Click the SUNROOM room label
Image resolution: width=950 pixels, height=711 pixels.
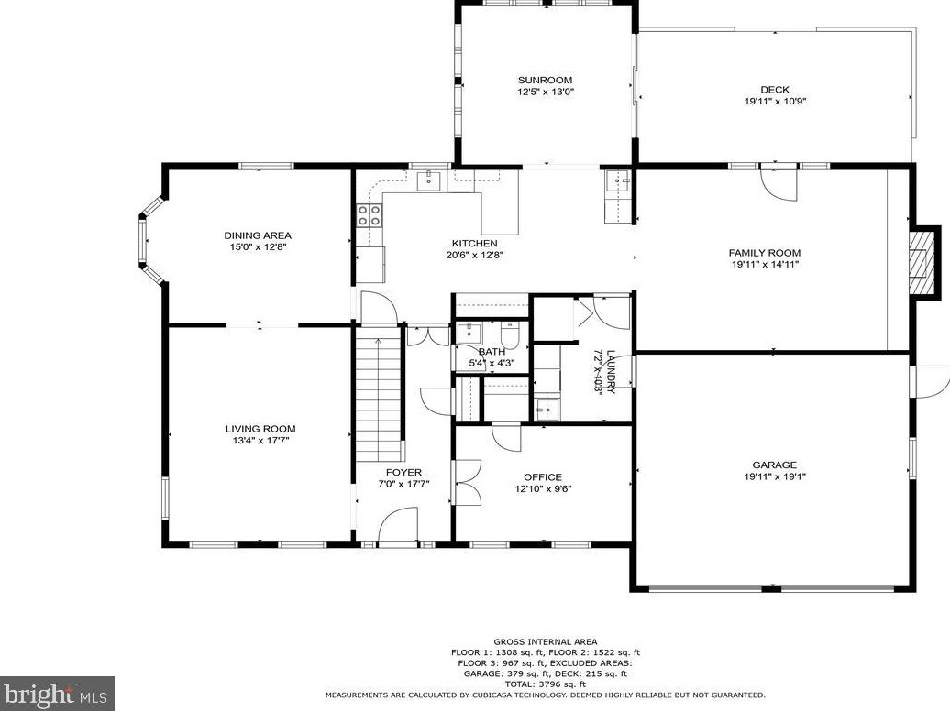(x=545, y=80)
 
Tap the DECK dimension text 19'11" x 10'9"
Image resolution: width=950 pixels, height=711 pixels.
(x=775, y=102)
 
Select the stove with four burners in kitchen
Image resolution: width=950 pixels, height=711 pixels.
(x=370, y=215)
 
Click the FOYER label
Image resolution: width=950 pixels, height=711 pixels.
(x=403, y=473)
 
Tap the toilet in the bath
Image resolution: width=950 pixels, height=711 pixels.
(x=510, y=335)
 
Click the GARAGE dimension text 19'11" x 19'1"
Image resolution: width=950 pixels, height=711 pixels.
(x=775, y=476)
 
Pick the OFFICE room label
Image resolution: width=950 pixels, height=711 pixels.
(x=543, y=477)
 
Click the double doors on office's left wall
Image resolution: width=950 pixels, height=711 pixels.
(x=467, y=483)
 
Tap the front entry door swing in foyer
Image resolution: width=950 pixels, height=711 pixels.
(x=398, y=526)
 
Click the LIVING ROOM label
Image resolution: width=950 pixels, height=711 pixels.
(x=260, y=429)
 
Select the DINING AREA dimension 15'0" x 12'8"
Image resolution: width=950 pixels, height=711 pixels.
(x=258, y=247)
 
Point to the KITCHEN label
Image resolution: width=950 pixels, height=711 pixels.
(x=475, y=244)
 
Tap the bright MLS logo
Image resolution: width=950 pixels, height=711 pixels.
(x=57, y=694)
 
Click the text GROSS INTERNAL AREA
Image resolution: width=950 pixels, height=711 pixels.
(x=546, y=642)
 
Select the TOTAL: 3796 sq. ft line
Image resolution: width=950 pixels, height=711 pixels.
(x=546, y=684)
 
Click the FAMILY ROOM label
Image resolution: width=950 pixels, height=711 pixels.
(x=765, y=253)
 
